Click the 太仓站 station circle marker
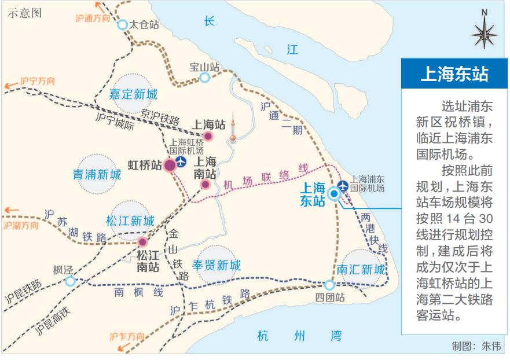click(123, 24)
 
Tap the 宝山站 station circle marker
click(204, 78)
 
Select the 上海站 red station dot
click(208, 137)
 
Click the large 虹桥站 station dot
click(170, 165)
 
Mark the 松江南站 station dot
click(142, 242)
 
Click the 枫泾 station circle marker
click(70, 281)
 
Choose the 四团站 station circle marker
click(329, 285)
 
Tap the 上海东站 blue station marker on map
click(334, 194)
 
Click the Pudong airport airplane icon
click(343, 185)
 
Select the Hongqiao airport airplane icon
click(182, 162)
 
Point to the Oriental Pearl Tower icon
click(232, 128)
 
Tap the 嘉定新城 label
click(134, 93)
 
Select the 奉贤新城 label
click(216, 266)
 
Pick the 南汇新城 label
click(361, 270)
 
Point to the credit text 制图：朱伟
click(476, 346)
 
